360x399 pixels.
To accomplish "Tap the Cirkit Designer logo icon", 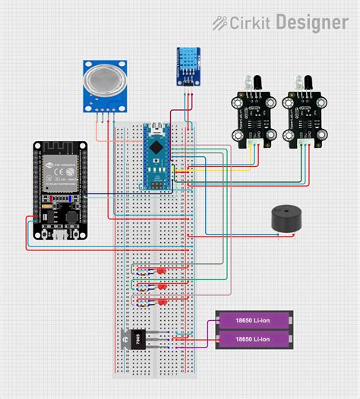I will [x=221, y=24].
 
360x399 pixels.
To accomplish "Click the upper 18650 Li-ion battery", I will [x=254, y=321].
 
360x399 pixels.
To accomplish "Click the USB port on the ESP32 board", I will [x=58, y=235].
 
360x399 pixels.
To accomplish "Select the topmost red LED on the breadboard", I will [x=162, y=270].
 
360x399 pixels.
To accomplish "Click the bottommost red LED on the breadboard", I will [x=162, y=302].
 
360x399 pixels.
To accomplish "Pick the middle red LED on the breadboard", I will [x=162, y=286].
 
